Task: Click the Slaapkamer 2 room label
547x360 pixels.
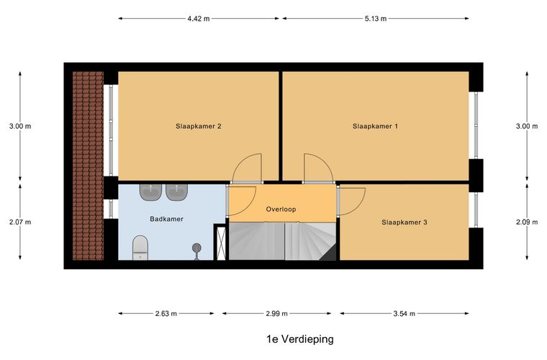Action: (x=198, y=126)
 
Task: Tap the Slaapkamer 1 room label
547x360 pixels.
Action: (x=375, y=126)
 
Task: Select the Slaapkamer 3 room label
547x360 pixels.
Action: (x=404, y=222)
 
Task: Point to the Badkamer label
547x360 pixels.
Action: (x=166, y=219)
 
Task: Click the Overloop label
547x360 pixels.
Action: (x=281, y=210)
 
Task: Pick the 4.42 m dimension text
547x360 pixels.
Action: (x=199, y=19)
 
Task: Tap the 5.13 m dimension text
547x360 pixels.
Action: (x=376, y=19)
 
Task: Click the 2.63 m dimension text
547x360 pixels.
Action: (x=166, y=314)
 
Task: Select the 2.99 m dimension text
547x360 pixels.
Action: (x=276, y=314)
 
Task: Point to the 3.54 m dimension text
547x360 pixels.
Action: (x=404, y=314)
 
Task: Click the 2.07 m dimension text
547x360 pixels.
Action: (x=20, y=222)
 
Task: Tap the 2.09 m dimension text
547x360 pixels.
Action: (x=527, y=222)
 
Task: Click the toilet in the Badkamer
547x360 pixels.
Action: (x=140, y=248)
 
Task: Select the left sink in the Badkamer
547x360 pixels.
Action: (x=150, y=192)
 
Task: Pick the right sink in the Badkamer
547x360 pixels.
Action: (x=177, y=192)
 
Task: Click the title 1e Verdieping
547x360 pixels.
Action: (x=300, y=338)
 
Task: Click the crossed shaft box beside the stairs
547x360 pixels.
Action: (x=221, y=243)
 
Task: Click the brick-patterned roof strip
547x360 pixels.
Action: (x=88, y=166)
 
